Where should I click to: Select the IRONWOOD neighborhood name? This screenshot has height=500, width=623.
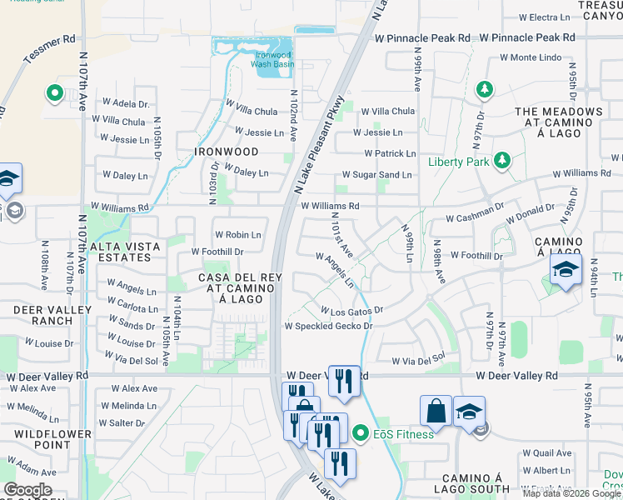coord(226,152)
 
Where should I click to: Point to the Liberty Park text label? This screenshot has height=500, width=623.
coord(459,162)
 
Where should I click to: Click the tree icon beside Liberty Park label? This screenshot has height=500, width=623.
coord(501,159)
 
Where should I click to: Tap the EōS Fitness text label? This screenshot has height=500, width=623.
coord(403,433)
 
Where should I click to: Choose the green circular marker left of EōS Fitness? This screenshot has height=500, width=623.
coord(360,433)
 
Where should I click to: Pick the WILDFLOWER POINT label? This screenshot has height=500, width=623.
coord(41,439)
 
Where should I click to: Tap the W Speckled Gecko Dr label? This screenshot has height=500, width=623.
coord(328,326)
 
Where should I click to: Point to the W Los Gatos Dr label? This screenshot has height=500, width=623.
coord(351,310)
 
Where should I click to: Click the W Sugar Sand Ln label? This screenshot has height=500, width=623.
coord(377,175)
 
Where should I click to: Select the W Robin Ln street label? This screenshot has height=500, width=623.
coord(237,235)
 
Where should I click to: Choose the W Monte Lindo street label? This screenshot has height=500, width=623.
coord(531,57)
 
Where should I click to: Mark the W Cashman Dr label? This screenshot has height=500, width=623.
coord(475,218)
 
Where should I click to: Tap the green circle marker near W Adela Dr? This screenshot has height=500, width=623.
coord(55,93)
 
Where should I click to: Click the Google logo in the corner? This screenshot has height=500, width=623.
coord(27,490)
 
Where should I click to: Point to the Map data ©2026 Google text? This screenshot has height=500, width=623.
coord(571,493)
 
